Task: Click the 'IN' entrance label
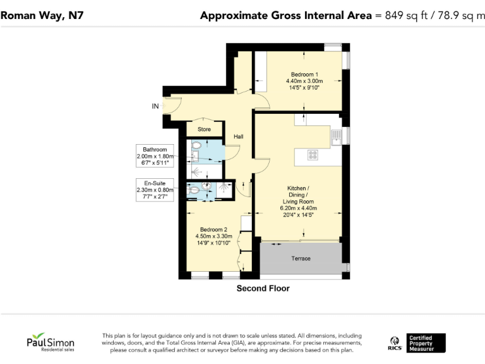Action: click(x=155, y=106)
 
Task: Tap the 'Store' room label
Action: click(x=204, y=130)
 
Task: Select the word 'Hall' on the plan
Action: click(x=239, y=136)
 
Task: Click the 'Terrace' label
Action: click(x=301, y=258)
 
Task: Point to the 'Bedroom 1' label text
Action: click(x=304, y=74)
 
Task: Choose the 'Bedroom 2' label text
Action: click(x=213, y=229)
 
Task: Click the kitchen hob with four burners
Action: click(x=313, y=154)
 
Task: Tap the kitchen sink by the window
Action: click(x=337, y=135)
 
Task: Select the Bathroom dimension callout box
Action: click(x=155, y=156)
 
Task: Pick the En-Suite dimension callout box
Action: click(x=155, y=190)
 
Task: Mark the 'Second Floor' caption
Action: click(x=263, y=289)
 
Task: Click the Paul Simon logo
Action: click(x=50, y=342)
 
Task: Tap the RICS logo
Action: click(x=395, y=343)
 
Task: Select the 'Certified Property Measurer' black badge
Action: click(x=426, y=343)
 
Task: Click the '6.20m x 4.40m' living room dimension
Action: click(x=299, y=208)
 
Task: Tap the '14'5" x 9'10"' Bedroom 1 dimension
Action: click(x=304, y=88)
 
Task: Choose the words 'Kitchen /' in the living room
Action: click(x=299, y=188)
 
